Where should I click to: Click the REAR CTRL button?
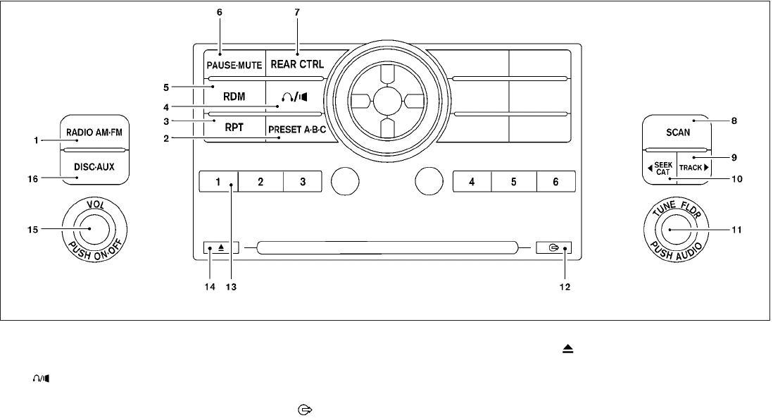(x=297, y=65)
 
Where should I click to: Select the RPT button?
(x=235, y=128)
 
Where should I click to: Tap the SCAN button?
(x=677, y=133)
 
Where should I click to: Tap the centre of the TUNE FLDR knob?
(x=670, y=229)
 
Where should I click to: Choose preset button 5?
(x=513, y=181)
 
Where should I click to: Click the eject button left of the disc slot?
(x=221, y=247)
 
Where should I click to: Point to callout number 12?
(x=560, y=287)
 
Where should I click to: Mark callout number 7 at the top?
(x=296, y=12)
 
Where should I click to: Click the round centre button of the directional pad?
(x=385, y=99)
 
